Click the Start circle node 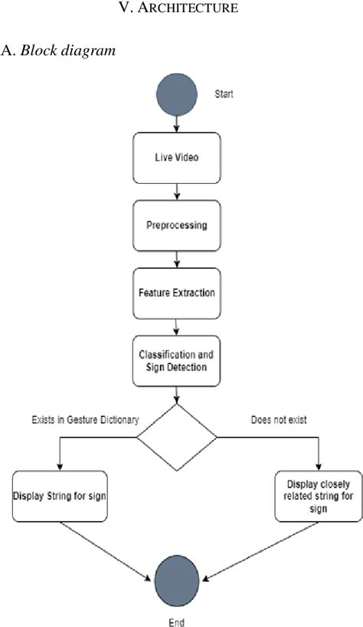pos(176,94)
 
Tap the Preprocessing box pos(176,225)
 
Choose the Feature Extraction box pos(176,292)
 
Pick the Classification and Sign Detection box pos(176,361)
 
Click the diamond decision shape pos(176,438)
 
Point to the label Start pos(224,94)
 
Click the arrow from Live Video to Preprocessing pos(177,191)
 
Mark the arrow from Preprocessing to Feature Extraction pos(177,259)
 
